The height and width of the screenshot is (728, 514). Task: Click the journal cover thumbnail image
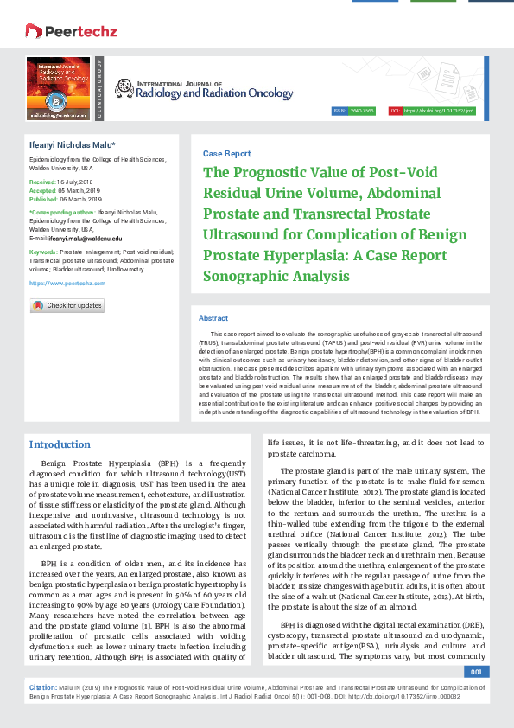point(60,89)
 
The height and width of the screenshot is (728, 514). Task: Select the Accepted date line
point(60,191)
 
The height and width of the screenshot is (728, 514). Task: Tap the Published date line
point(61,198)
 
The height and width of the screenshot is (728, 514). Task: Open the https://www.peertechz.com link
point(67,283)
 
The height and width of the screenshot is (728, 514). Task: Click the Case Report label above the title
point(226,153)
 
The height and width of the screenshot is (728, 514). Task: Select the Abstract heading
point(213,318)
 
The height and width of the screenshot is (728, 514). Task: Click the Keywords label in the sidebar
point(43,251)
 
